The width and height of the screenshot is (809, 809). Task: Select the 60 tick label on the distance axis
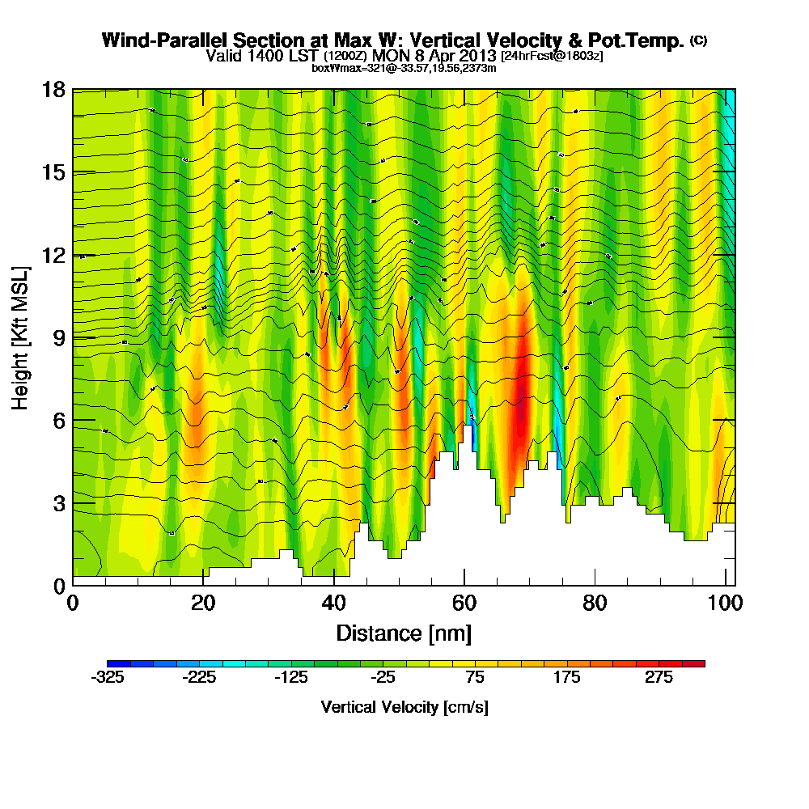(x=464, y=604)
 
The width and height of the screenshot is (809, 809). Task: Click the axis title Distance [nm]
(x=404, y=632)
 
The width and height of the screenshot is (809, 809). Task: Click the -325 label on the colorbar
(x=108, y=678)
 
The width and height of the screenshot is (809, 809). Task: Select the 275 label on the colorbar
(x=659, y=678)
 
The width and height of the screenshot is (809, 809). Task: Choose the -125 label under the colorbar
(x=291, y=678)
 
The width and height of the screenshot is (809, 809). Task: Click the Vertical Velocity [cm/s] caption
(x=404, y=707)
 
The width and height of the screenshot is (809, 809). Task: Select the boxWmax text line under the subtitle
(x=404, y=68)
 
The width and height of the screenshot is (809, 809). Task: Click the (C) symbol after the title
(x=698, y=40)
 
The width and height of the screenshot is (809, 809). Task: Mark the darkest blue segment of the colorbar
(x=112, y=663)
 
